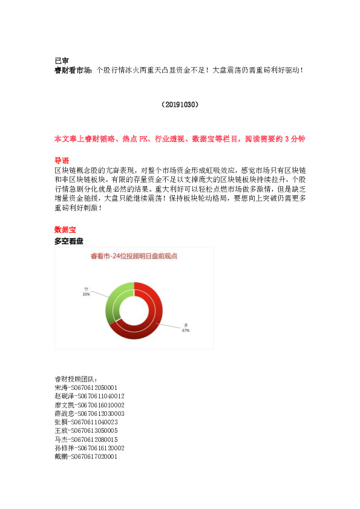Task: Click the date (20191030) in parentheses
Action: (180, 105)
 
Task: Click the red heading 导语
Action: (61, 161)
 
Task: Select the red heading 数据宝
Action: (65, 230)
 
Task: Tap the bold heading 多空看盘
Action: (69, 241)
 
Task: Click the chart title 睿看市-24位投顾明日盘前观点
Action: (134, 256)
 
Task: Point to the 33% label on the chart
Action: (87, 294)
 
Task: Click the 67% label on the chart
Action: (186, 331)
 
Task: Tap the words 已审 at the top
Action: (61, 60)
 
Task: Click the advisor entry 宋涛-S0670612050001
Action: (85, 387)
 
